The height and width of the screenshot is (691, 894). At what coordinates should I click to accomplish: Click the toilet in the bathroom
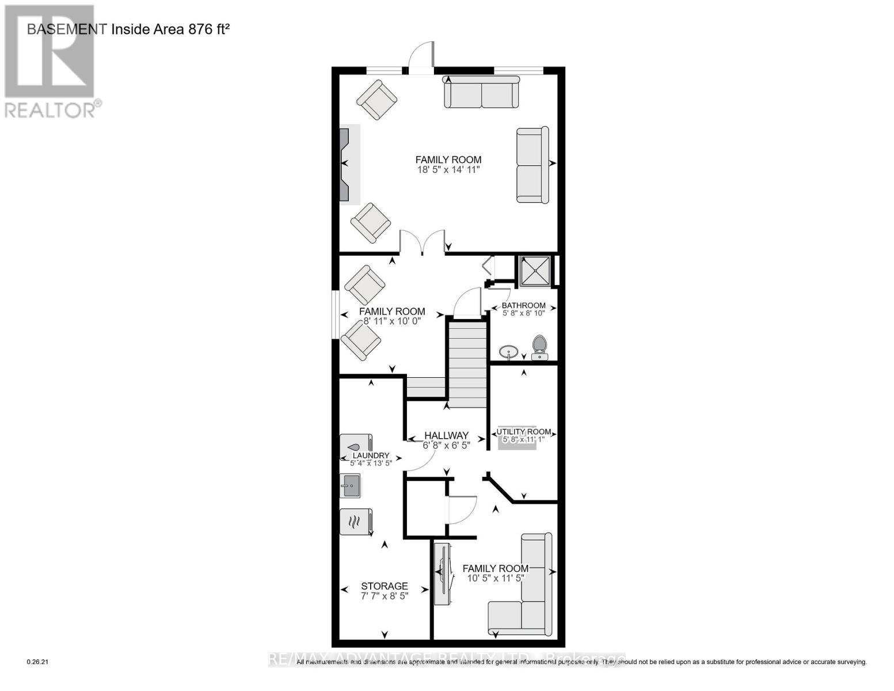pos(539,347)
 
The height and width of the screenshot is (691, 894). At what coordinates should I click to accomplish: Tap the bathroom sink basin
pos(508,351)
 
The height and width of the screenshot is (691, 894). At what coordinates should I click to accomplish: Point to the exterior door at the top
pos(421,58)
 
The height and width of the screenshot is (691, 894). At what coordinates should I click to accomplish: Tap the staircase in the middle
pos(467,365)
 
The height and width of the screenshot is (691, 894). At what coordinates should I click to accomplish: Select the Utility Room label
pos(523,432)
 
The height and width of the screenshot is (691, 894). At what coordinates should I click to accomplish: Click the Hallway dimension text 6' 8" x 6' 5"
pos(447,445)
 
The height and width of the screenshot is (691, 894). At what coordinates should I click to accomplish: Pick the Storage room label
pos(384,586)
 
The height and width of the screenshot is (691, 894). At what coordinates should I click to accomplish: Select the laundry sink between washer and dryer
pos(349,485)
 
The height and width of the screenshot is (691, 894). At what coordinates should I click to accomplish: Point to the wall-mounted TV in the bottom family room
pos(442,574)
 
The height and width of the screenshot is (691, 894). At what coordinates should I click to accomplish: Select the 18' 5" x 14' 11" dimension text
pos(448,169)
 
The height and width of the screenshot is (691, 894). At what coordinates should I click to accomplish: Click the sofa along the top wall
pos(481,92)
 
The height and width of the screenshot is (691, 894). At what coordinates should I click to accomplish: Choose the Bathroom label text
pos(523,305)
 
